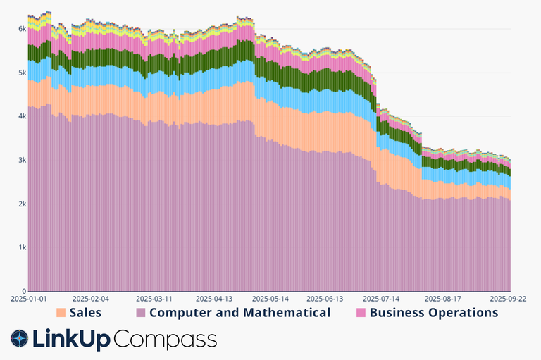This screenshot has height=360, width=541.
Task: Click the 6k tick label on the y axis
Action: point(22,29)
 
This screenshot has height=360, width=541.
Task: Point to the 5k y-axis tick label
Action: point(22,73)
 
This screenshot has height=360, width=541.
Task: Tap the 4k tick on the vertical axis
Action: point(22,116)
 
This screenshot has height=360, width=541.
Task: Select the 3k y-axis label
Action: point(22,160)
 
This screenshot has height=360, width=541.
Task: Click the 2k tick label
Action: point(22,204)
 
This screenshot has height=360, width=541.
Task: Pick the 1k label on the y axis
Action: point(22,247)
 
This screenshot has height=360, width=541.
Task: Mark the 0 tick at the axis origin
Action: point(23,291)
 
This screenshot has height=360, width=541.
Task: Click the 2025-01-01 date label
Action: point(29,299)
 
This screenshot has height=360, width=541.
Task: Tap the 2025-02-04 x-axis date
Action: point(91,299)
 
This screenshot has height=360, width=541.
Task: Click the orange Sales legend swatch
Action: point(61,312)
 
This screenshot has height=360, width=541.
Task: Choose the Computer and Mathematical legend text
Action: point(240,312)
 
